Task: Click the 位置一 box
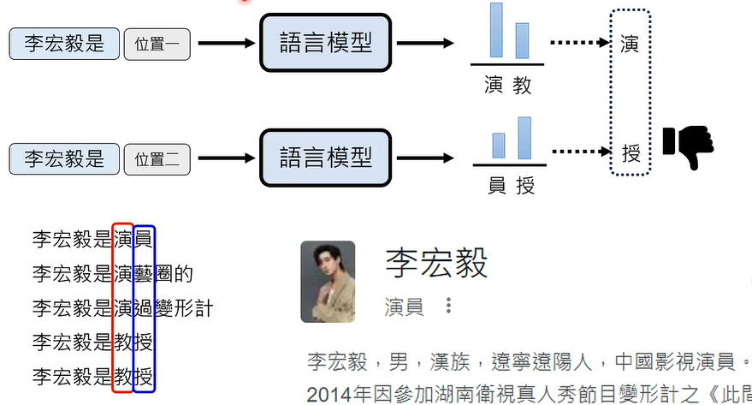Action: coord(157,44)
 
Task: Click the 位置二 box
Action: coord(157,158)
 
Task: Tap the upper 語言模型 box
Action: coord(326,42)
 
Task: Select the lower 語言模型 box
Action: coord(326,158)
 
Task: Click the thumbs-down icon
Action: coord(688,146)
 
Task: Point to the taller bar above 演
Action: coord(496,30)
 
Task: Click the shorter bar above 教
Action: coord(521,39)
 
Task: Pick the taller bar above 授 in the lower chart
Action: coord(524,138)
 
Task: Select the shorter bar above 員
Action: coord(498,146)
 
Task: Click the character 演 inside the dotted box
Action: coord(631,43)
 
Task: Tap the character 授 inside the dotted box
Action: coord(631,154)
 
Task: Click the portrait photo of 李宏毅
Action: coord(328,282)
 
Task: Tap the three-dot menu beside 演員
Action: coord(447,306)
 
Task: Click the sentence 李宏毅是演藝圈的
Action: coord(112,274)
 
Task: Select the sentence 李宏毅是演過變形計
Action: coord(121,308)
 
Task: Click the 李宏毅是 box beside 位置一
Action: coord(62,44)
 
